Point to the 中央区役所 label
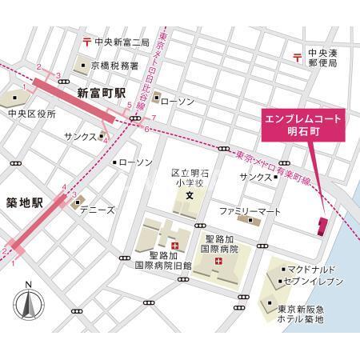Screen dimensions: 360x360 tap(32, 114)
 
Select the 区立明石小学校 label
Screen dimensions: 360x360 tap(190, 176)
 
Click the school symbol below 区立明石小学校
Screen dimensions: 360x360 tap(190, 196)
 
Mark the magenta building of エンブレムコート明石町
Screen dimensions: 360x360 tap(323, 226)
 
